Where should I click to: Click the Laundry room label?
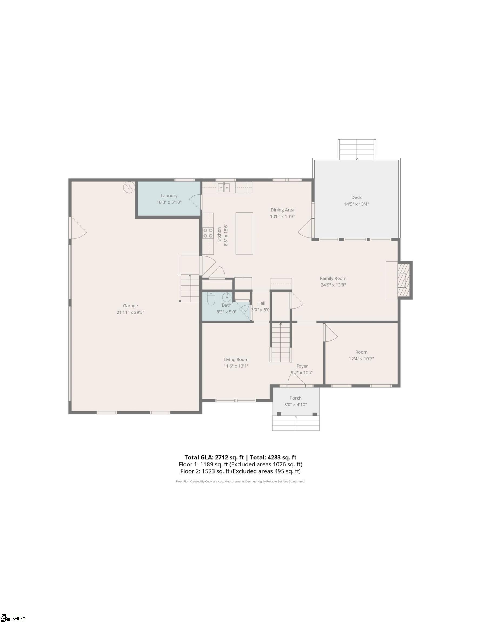coord(169,196)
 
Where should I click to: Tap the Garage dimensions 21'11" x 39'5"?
coord(130,312)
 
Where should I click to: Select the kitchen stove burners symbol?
coord(208,233)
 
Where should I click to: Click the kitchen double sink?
coord(224,188)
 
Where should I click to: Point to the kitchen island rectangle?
coord(244,233)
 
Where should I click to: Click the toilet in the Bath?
coord(211,299)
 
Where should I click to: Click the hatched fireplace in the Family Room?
coord(404,280)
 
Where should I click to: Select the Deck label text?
coord(356,197)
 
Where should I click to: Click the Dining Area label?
coord(282,210)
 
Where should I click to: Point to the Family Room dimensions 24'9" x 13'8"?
coord(333,285)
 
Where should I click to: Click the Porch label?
coord(295,398)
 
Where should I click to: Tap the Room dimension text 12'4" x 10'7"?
coord(361,359)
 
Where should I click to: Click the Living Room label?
coord(236,360)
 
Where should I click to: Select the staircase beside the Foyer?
coord(281,342)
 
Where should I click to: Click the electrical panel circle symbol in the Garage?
coord(129,187)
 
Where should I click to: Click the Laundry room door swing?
coord(195,202)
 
